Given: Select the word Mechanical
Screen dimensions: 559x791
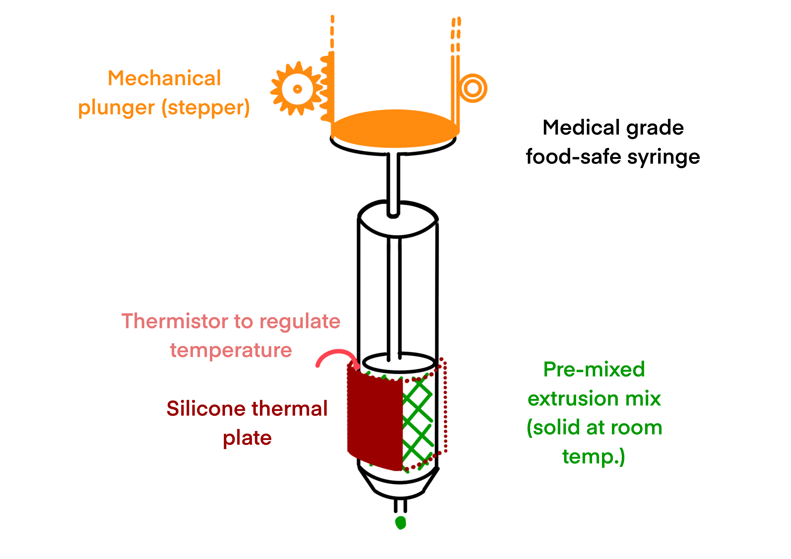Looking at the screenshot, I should coord(164,78).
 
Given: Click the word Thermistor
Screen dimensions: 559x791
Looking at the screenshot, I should coord(175,321).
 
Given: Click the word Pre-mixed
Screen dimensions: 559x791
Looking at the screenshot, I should coord(594,370).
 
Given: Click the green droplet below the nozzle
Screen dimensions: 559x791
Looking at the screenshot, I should coord(400,522).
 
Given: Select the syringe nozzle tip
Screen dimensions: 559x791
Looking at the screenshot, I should coord(400,506).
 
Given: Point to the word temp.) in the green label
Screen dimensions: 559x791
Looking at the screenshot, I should coord(593,457).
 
